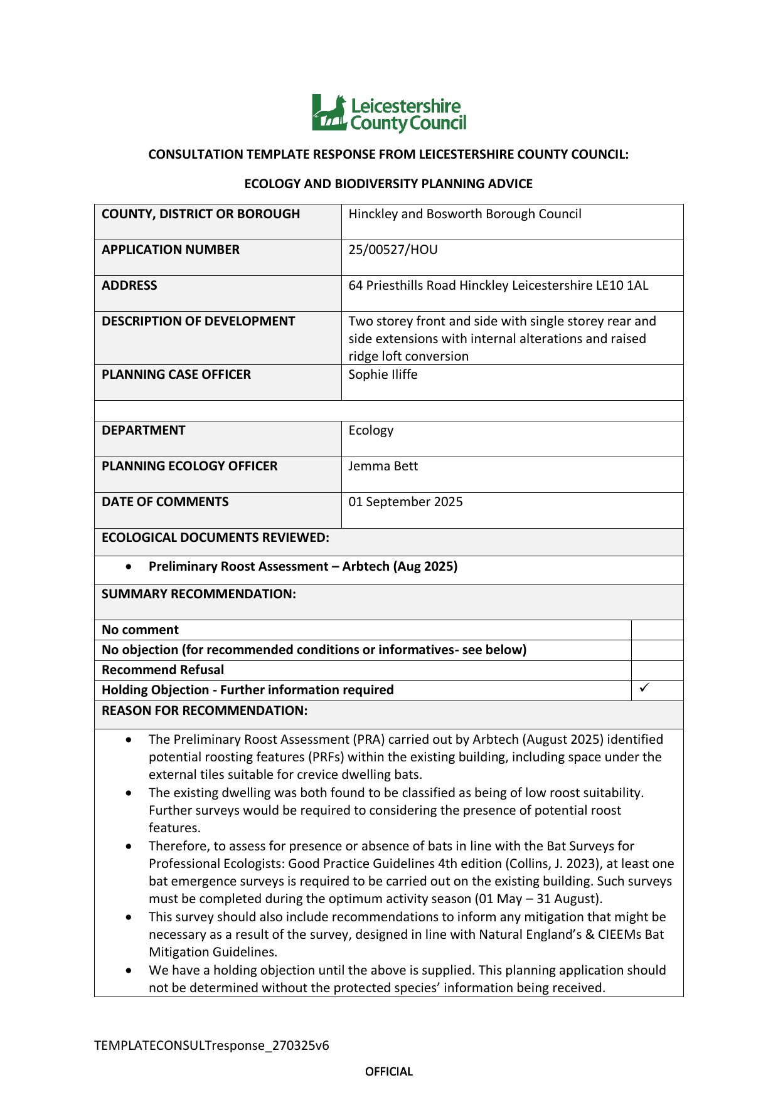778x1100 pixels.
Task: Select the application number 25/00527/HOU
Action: (x=393, y=250)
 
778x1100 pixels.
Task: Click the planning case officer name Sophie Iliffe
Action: (x=383, y=374)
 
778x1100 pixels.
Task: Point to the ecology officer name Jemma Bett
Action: (x=383, y=466)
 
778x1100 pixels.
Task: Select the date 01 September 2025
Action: (x=405, y=502)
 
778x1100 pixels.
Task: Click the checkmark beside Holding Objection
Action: (x=644, y=688)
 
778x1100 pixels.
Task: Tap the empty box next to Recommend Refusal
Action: (x=656, y=670)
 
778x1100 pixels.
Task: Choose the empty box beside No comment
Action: (x=656, y=630)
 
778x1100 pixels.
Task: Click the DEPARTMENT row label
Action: (x=144, y=430)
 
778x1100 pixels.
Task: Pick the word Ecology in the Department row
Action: (x=371, y=430)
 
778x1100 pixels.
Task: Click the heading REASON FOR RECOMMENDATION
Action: (x=205, y=711)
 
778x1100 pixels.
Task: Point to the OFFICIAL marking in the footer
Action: (x=389, y=1071)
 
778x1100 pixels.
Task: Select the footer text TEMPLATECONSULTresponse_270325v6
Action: (x=211, y=1045)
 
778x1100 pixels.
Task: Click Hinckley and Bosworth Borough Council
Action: (x=464, y=214)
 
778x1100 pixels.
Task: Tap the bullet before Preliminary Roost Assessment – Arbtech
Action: (x=129, y=566)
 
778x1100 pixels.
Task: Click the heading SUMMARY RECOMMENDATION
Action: (x=198, y=594)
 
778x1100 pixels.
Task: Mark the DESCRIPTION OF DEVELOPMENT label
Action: (x=198, y=321)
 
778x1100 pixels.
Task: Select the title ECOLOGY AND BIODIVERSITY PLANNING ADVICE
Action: (x=388, y=184)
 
